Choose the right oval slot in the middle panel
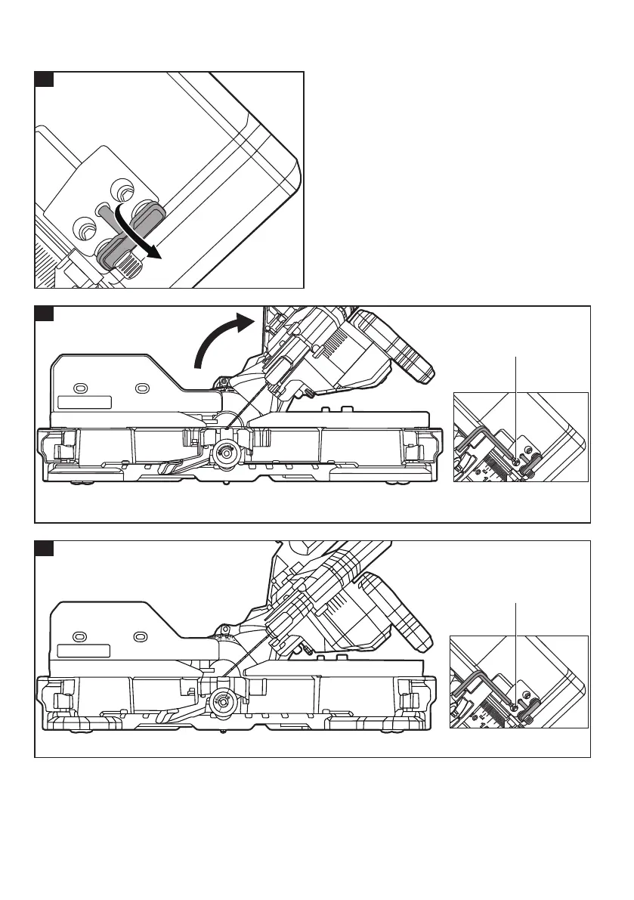[140, 388]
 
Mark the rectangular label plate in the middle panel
[85, 402]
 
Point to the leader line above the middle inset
[515, 401]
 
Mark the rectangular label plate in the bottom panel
[84, 650]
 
